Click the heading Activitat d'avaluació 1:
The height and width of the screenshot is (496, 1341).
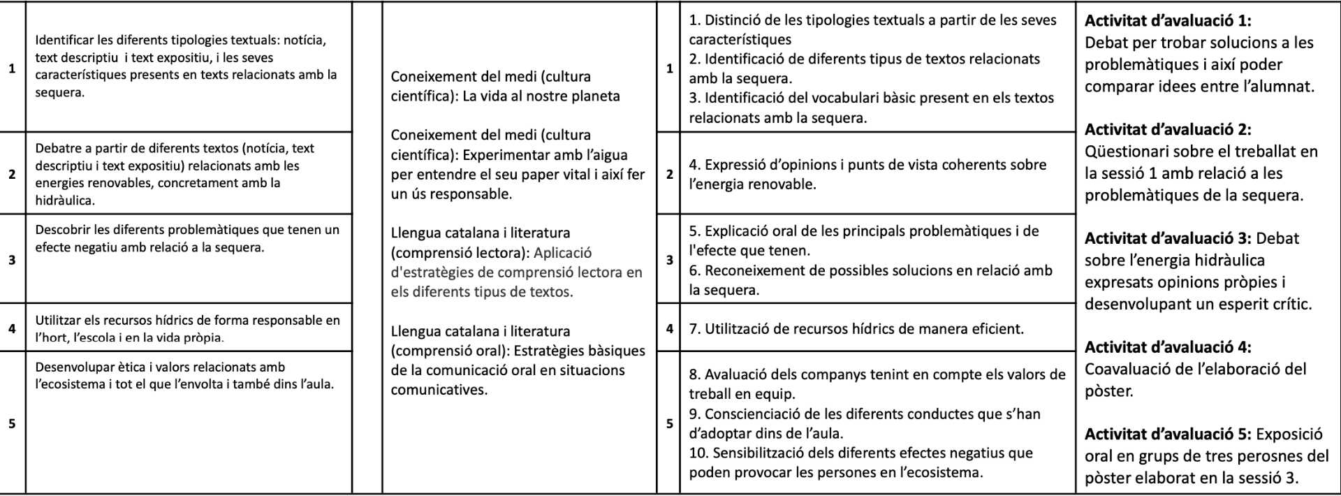click(x=1167, y=21)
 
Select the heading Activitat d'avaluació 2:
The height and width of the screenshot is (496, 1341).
click(x=1167, y=129)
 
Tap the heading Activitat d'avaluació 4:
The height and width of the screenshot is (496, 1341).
click(x=1167, y=347)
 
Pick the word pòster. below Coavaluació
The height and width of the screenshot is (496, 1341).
click(x=1108, y=391)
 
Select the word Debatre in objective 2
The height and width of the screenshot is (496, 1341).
click(x=57, y=148)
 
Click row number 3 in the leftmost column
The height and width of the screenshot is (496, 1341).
click(x=12, y=260)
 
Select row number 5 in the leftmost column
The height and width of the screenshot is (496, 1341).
click(x=12, y=423)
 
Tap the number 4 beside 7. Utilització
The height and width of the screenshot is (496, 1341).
click(x=669, y=328)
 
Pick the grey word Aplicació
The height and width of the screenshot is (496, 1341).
click(x=563, y=252)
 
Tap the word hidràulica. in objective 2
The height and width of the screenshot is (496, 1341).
click(x=64, y=200)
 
